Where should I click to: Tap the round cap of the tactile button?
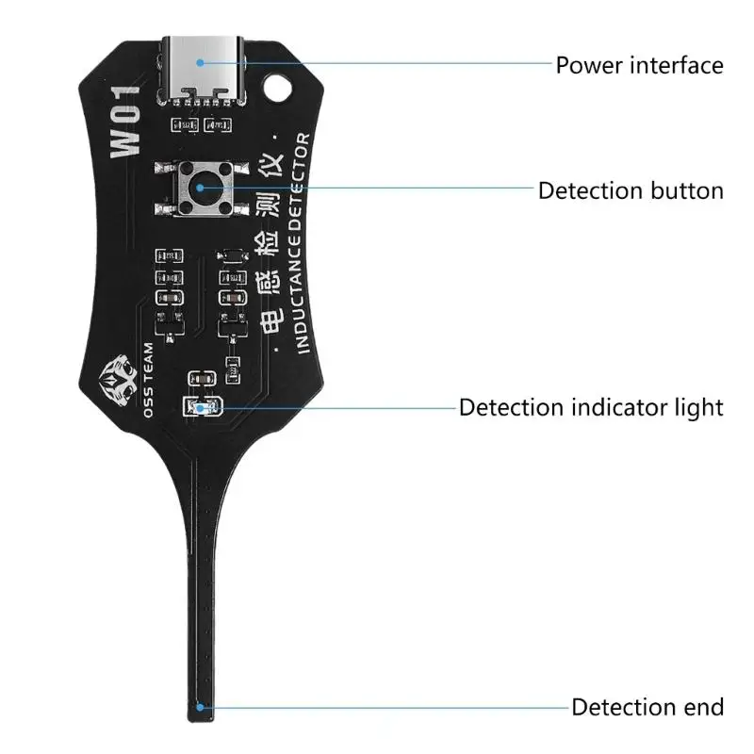pyautogui.click(x=201, y=186)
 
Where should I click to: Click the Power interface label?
pyautogui.click(x=639, y=65)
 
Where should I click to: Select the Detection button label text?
pyautogui.click(x=631, y=190)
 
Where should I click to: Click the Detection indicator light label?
pyautogui.click(x=591, y=407)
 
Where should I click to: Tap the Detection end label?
pyautogui.click(x=647, y=707)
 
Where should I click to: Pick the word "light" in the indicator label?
pyautogui.click(x=699, y=407)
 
